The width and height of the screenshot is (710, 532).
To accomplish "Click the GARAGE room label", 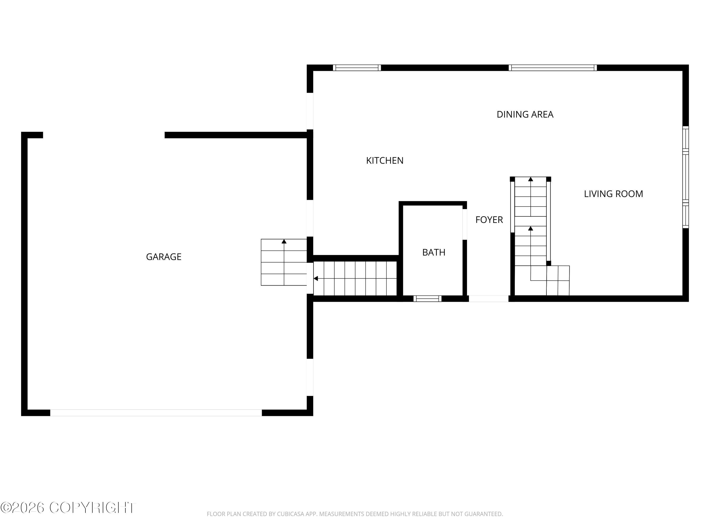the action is tap(164, 257).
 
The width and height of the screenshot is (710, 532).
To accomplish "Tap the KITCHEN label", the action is tap(385, 160).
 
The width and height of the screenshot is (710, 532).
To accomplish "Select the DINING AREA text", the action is tap(525, 114).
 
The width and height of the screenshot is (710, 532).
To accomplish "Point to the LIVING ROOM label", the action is tap(613, 194).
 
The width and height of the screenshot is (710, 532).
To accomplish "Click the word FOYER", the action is tap(489, 220).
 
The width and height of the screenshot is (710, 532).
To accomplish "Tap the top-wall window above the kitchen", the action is tap(357, 68).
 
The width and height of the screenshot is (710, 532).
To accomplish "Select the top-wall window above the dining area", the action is tap(553, 68).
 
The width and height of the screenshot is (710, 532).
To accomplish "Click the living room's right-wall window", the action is tap(685, 177).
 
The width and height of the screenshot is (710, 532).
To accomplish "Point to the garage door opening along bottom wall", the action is tap(156, 413).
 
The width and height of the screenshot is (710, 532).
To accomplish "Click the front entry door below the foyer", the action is tap(489, 299).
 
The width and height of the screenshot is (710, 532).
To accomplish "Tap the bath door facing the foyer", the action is tap(464, 224).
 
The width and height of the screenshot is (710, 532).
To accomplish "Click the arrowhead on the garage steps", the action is tap(284, 241).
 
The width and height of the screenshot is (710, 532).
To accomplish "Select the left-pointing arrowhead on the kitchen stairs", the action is tap(316, 279).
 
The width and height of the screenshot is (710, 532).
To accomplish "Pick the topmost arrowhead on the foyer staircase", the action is tap(531, 179).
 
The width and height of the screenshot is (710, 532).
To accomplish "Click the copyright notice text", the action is tap(68, 508).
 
